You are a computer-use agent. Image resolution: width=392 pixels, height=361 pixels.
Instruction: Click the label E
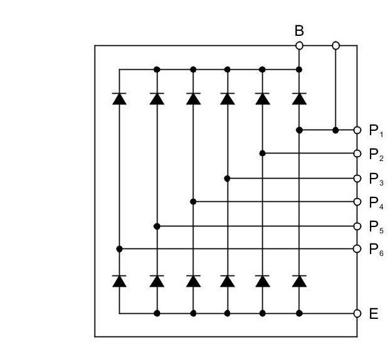pyautogui.click(x=373, y=313)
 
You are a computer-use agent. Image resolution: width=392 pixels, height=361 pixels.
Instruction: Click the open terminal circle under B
pyautogui.click(x=299, y=45)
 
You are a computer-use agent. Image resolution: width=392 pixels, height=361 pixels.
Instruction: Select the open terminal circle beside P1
pyautogui.click(x=357, y=130)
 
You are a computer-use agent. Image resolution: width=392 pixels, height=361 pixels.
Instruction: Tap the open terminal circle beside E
pyautogui.click(x=357, y=313)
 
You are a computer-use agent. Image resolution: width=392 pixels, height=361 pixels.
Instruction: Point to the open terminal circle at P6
pyautogui.click(x=357, y=249)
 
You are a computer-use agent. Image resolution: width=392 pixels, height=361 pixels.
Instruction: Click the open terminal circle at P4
pyautogui.click(x=357, y=202)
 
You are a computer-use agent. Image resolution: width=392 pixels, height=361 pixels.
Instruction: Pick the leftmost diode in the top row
pyautogui.click(x=119, y=98)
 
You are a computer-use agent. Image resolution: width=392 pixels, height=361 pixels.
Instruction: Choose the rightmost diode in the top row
pyautogui.click(x=299, y=98)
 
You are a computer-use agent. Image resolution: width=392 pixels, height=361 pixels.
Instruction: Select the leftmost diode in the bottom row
pyautogui.click(x=119, y=281)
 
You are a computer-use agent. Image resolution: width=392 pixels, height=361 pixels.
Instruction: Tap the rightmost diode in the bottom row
pyautogui.click(x=299, y=281)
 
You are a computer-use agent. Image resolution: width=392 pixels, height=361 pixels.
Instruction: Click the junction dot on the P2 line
pyautogui.click(x=263, y=153)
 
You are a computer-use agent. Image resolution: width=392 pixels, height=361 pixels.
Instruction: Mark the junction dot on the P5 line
pyautogui.click(x=157, y=226)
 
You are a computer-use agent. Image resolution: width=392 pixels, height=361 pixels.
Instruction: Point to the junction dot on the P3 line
pyautogui.click(x=228, y=179)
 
